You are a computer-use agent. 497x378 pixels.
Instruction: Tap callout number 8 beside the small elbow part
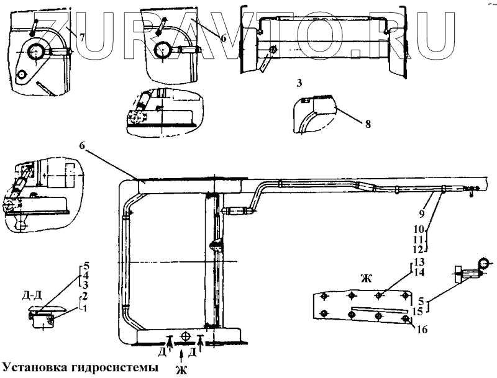(368, 123)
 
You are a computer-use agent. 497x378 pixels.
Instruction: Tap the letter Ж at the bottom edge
(181, 371)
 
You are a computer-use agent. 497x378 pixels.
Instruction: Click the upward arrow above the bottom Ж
(180, 356)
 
